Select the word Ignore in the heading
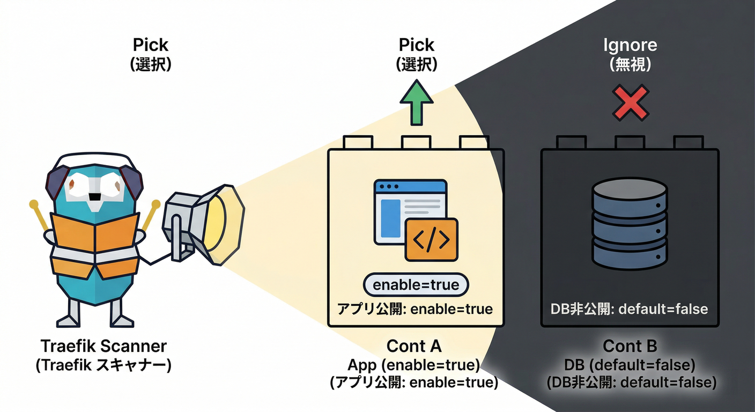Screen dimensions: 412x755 point(630,45)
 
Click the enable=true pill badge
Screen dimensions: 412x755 point(416,284)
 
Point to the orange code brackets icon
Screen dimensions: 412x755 point(431,240)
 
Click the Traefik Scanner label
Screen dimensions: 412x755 point(103,346)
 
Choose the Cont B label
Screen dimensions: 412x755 point(630,346)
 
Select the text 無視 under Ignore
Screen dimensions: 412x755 point(630,65)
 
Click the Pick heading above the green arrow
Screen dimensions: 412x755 point(416,45)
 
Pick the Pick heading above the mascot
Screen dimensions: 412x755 point(151,45)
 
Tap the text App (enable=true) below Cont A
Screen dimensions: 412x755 point(413,365)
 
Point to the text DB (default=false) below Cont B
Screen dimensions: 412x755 point(630,365)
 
